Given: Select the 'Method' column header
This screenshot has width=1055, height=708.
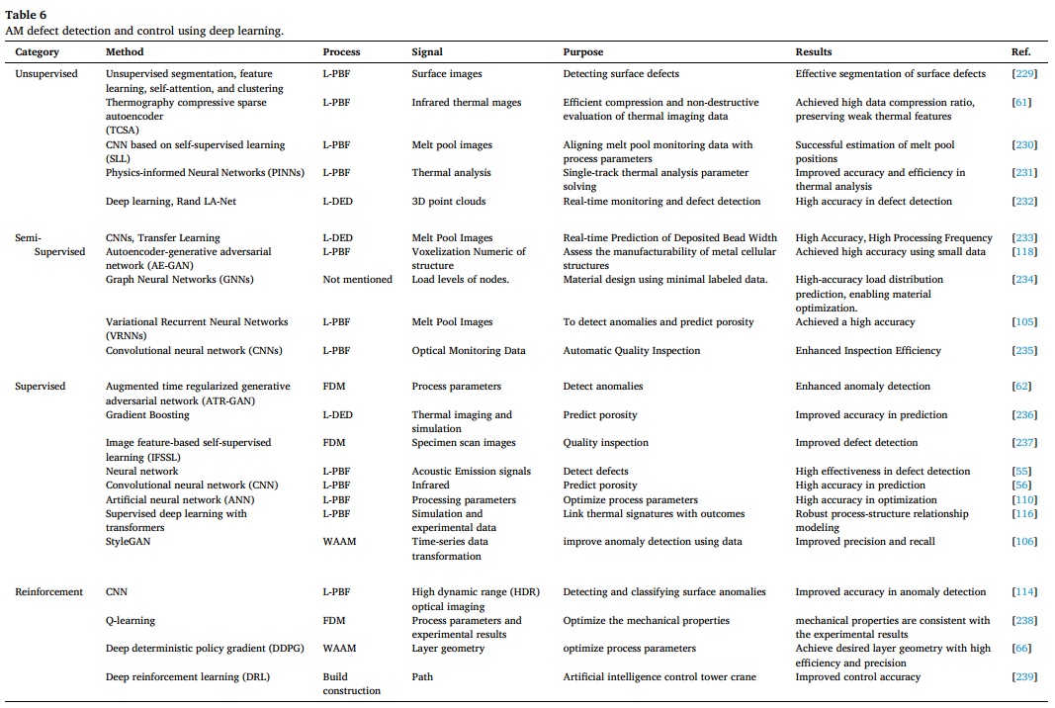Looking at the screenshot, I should tap(125, 51).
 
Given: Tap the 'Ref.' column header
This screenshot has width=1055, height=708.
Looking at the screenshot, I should tap(1021, 51).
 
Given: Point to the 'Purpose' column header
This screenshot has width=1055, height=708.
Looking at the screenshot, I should tap(582, 51).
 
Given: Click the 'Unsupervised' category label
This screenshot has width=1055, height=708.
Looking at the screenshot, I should tap(46, 74).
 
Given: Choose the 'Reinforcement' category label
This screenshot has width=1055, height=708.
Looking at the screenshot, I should tap(49, 592).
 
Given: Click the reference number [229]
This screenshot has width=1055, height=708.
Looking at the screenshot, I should tap(1024, 74).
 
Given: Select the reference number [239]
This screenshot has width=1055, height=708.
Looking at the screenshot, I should tap(1024, 677).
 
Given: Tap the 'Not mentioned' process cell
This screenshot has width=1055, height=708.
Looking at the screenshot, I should tap(357, 280).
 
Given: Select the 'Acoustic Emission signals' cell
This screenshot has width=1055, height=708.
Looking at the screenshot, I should tap(471, 472).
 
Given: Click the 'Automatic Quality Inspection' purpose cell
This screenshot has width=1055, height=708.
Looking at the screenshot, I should tap(631, 351).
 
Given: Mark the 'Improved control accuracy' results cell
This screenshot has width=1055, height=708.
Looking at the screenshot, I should tap(857, 677).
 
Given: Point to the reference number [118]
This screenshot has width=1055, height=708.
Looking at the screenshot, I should tap(1024, 252).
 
